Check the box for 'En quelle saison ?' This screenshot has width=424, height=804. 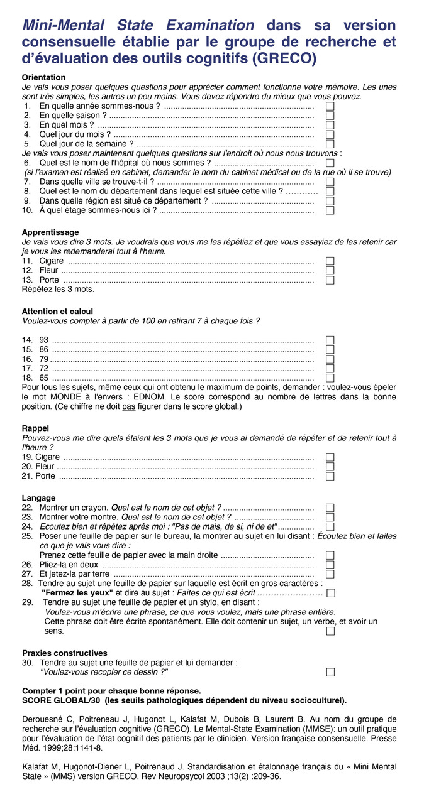pyautogui.click(x=330, y=116)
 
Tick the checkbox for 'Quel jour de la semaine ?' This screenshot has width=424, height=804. pyautogui.click(x=330, y=144)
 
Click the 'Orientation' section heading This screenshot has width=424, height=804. pyautogui.click(x=43, y=77)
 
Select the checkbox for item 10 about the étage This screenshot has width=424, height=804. pyautogui.click(x=330, y=210)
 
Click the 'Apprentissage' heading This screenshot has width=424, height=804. pyautogui.click(x=50, y=232)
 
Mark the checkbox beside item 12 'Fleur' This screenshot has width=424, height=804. pyautogui.click(x=330, y=271)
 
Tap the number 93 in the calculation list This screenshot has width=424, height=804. pyautogui.click(x=44, y=340)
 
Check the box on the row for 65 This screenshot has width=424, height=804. pyautogui.click(x=330, y=378)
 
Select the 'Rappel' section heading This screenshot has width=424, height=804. pyautogui.click(x=35, y=428)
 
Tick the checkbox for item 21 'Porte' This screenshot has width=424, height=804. pyautogui.click(x=330, y=476)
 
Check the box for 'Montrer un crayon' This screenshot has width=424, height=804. pyautogui.click(x=330, y=508)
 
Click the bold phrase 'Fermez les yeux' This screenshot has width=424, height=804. pyautogui.click(x=77, y=592)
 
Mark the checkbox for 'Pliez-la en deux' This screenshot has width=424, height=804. pyautogui.click(x=330, y=565)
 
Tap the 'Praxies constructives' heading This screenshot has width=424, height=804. pyautogui.click(x=65, y=653)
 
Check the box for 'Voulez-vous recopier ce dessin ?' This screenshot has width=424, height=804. pyautogui.click(x=330, y=672)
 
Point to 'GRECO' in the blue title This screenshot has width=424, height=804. pyautogui.click(x=280, y=58)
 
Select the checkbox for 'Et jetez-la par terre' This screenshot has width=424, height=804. pyautogui.click(x=330, y=574)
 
